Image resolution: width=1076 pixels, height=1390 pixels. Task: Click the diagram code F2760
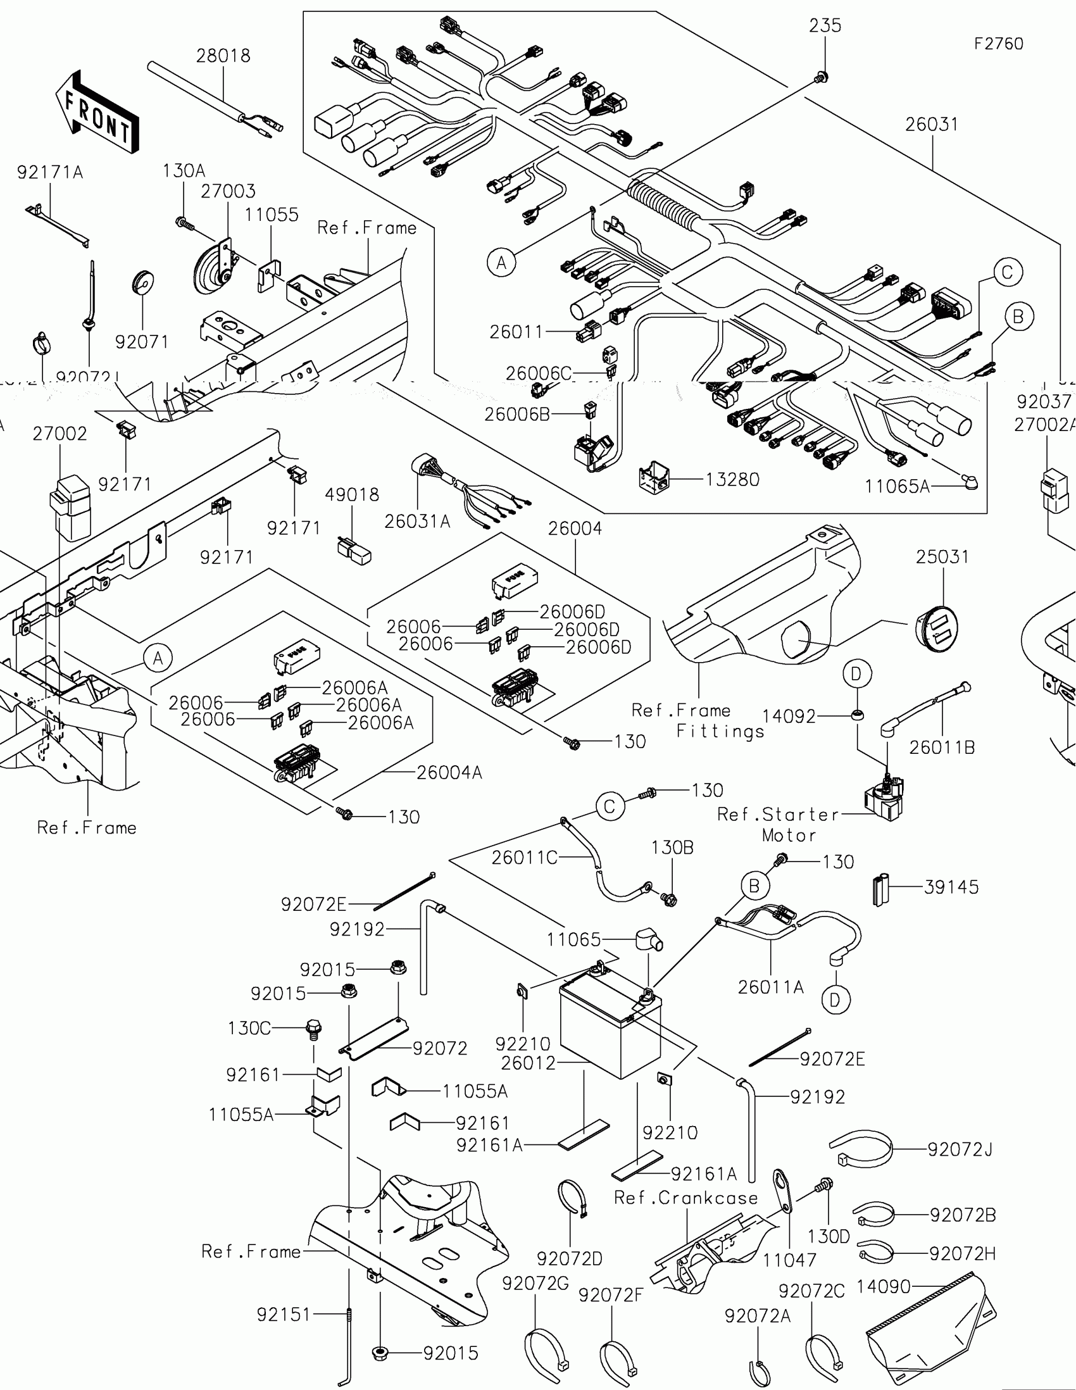(x=998, y=43)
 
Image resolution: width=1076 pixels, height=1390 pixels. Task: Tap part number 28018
(x=223, y=56)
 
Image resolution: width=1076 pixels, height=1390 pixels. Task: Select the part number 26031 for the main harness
(x=932, y=124)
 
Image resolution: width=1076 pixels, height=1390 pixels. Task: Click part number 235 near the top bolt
(x=825, y=25)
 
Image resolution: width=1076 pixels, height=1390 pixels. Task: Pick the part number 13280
(x=732, y=479)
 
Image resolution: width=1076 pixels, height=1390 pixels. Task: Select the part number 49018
(x=352, y=494)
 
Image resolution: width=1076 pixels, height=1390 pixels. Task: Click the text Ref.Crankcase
(x=686, y=1198)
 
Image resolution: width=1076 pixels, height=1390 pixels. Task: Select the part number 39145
(x=951, y=887)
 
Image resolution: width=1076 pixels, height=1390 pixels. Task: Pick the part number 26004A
(x=449, y=772)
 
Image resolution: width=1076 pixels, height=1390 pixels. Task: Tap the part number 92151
(x=283, y=1314)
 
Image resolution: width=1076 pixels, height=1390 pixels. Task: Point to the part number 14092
(x=789, y=717)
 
